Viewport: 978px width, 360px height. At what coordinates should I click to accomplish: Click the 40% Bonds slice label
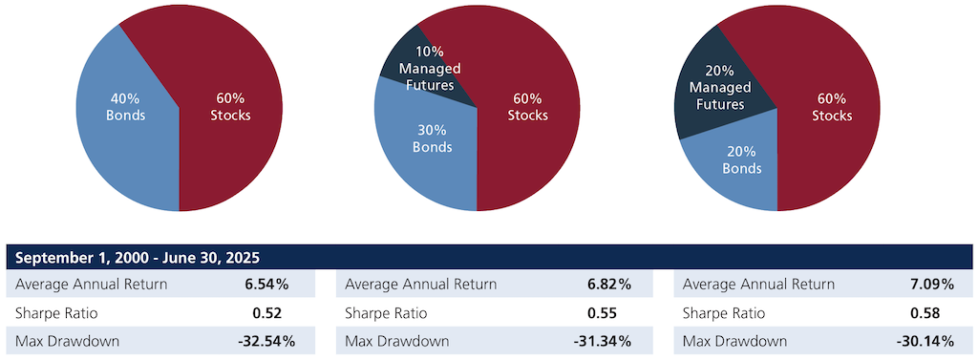(126, 106)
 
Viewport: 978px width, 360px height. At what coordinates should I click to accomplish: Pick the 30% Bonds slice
(432, 138)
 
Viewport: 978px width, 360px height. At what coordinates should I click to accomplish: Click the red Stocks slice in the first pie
(229, 106)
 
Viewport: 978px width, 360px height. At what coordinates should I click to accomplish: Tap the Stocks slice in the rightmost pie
(832, 106)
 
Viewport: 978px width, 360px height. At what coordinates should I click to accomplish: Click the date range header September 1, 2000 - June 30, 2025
(138, 258)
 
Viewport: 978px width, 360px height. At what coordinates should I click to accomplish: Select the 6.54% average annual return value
(266, 285)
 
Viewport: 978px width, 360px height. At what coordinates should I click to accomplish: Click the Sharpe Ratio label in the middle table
(386, 313)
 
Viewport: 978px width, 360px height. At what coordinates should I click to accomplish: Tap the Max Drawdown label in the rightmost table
(735, 341)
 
